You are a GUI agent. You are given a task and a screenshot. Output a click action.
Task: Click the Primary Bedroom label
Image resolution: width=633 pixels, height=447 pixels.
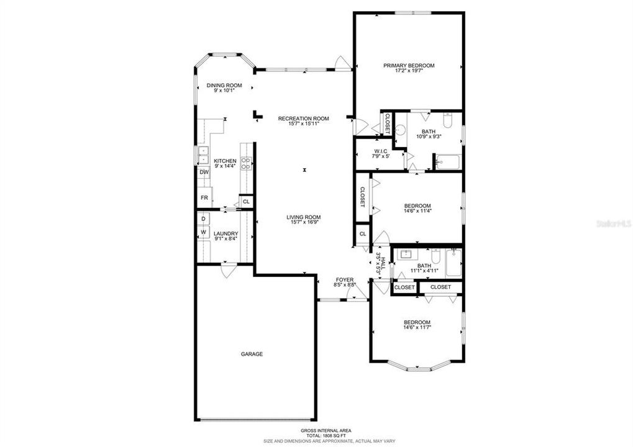(x=408, y=65)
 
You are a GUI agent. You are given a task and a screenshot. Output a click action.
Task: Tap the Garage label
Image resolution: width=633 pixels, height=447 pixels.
(x=252, y=354)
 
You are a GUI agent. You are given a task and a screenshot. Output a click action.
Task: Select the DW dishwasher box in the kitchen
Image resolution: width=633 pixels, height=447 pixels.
(x=204, y=172)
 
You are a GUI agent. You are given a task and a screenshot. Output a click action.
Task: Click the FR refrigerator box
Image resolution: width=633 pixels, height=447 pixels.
(x=204, y=197)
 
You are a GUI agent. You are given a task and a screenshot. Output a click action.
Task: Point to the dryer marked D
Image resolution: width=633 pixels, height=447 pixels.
(x=203, y=219)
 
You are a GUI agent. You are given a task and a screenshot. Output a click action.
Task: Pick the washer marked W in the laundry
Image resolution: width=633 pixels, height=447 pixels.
(x=203, y=232)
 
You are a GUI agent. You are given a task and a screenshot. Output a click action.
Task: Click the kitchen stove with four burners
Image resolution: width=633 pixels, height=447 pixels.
(x=246, y=164)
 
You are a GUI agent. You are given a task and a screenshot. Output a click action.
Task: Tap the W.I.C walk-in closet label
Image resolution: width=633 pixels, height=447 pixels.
(x=381, y=151)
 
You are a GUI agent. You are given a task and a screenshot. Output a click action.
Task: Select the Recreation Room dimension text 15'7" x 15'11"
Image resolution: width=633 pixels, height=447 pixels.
(x=304, y=124)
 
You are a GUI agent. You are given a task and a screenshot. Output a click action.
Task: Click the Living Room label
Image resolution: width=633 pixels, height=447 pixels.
(x=304, y=217)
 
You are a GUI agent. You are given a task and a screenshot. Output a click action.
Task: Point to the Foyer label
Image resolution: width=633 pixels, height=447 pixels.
(x=344, y=279)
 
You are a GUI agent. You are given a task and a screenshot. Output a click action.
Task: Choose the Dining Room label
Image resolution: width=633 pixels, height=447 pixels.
(x=224, y=85)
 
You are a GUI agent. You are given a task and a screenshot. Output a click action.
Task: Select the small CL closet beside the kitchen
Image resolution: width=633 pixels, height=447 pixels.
(x=246, y=201)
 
